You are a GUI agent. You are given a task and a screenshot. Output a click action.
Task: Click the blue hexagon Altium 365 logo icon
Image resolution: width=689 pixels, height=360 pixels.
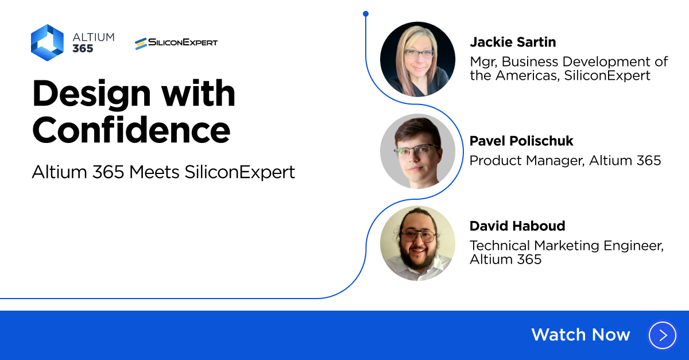pyautogui.click(x=47, y=42)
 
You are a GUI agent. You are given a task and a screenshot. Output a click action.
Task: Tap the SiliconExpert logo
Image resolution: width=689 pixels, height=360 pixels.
pyautogui.click(x=176, y=43)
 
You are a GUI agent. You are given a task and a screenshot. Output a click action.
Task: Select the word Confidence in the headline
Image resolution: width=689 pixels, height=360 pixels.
pyautogui.click(x=131, y=130)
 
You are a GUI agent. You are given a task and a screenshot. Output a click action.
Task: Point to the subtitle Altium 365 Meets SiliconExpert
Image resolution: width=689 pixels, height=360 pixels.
pyautogui.click(x=163, y=172)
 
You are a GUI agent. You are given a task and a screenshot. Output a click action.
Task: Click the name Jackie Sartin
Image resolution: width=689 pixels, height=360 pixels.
pyautogui.click(x=513, y=42)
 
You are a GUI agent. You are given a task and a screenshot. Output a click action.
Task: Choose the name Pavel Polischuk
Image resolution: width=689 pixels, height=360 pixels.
pyautogui.click(x=521, y=141)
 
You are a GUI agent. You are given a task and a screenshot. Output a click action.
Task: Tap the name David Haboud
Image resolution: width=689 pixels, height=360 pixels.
pyautogui.click(x=517, y=226)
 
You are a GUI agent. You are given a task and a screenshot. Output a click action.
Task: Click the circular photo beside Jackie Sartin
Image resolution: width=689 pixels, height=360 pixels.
pyautogui.click(x=418, y=59)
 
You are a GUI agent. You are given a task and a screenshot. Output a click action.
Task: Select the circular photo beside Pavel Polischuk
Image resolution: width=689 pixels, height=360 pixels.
pyautogui.click(x=418, y=151)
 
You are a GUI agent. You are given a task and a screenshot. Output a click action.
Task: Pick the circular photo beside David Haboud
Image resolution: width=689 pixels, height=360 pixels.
pyautogui.click(x=418, y=243)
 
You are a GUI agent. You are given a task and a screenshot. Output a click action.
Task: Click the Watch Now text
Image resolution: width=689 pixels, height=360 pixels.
pyautogui.click(x=580, y=335)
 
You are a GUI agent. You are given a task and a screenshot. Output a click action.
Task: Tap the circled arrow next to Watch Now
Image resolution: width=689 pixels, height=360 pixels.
pyautogui.click(x=663, y=335)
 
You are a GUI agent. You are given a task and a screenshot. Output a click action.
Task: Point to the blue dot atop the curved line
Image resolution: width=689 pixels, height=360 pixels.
pyautogui.click(x=366, y=14)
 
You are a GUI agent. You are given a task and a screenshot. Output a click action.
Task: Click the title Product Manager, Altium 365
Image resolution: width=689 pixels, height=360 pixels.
pyautogui.click(x=566, y=160)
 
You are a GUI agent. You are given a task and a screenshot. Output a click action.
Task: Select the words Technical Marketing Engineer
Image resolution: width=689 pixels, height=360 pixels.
pyautogui.click(x=567, y=246)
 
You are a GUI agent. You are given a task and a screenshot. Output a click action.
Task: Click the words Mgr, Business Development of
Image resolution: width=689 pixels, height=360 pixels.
pyautogui.click(x=569, y=61)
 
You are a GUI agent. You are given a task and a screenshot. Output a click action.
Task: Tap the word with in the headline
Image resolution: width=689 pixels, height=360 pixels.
pyautogui.click(x=199, y=93)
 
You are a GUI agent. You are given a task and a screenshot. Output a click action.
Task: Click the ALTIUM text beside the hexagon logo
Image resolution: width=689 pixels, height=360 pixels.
pyautogui.click(x=94, y=37)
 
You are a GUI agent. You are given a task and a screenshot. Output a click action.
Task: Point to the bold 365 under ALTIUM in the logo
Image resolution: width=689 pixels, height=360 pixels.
pyautogui.click(x=83, y=48)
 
